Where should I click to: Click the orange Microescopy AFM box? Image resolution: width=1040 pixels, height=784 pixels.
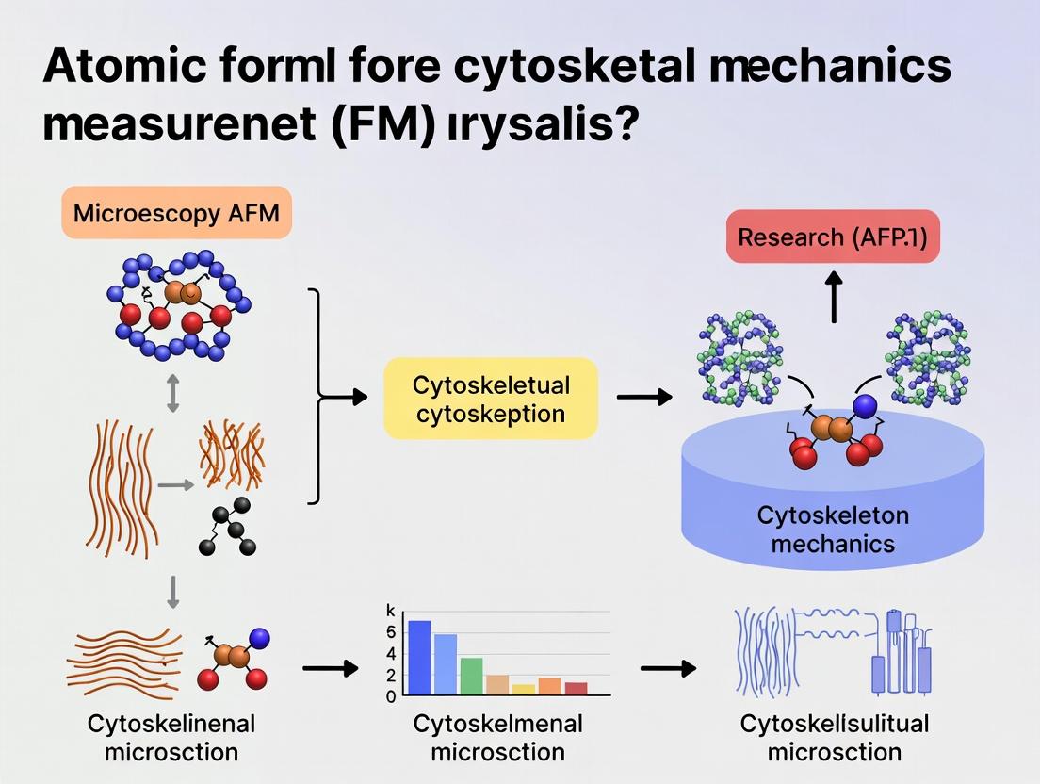click(176, 212)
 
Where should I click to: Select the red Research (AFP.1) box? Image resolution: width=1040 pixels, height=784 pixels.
click(832, 237)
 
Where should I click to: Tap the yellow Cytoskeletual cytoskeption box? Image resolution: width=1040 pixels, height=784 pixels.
click(491, 398)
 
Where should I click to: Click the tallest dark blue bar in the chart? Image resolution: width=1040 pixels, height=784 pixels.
click(419, 657)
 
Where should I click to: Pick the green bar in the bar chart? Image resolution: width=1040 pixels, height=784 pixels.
click(472, 676)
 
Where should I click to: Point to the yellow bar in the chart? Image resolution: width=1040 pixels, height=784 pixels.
click(524, 689)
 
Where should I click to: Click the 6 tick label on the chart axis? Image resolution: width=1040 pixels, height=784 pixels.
click(391, 632)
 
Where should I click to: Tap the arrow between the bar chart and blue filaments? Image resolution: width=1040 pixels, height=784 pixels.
click(668, 669)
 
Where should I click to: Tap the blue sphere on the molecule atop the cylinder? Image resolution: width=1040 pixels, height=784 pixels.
click(866, 406)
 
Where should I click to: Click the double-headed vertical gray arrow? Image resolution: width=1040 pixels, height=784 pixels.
click(171, 392)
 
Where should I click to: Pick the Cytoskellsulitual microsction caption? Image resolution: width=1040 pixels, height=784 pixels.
click(834, 738)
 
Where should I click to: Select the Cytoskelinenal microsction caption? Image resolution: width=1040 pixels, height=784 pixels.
click(171, 738)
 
